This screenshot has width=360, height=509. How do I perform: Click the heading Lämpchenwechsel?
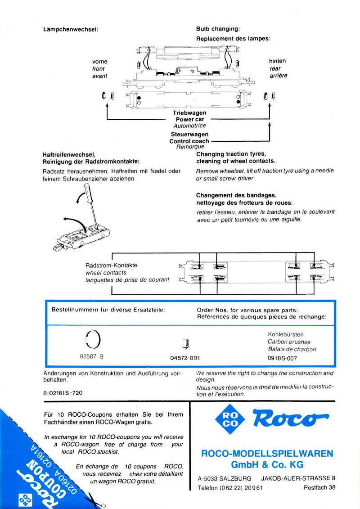(70, 30)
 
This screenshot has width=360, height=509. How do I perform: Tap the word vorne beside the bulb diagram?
(100, 61)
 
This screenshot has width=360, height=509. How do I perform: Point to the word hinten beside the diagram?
(277, 61)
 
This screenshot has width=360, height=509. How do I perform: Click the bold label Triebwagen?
(189, 113)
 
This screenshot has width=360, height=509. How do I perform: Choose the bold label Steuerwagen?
(189, 135)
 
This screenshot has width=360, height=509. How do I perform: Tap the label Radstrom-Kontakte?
(111, 266)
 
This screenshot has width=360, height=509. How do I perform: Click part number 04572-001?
(185, 358)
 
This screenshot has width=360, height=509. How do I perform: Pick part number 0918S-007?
(286, 358)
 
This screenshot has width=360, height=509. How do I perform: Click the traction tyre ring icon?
(93, 339)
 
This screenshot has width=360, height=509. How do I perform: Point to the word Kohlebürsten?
(286, 335)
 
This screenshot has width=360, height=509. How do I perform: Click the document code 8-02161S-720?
(63, 393)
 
